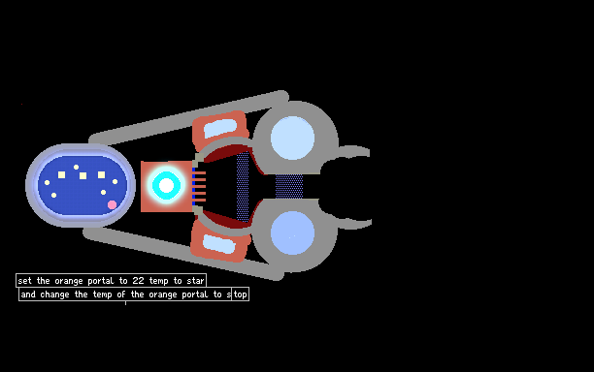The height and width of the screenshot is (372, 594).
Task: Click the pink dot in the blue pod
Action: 113,205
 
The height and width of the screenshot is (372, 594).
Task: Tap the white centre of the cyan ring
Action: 166,185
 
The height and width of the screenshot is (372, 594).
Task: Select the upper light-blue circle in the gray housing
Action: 292,138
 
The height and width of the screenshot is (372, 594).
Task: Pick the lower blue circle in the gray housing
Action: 292,232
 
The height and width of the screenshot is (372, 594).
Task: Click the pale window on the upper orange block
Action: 220,128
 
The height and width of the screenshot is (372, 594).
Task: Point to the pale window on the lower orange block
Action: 219,244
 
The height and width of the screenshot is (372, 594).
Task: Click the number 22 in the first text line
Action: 138,281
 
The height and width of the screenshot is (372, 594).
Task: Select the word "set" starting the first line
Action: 24,281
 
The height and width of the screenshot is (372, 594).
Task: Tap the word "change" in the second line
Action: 54,294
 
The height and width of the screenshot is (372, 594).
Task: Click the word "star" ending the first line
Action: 195,281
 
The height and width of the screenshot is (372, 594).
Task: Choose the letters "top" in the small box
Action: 240,294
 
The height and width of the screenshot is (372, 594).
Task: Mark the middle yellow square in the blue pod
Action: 82,175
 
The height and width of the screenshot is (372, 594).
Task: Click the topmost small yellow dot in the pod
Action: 76,167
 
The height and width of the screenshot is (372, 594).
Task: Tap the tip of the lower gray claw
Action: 371,223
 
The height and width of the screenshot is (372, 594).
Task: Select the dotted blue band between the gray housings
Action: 289,186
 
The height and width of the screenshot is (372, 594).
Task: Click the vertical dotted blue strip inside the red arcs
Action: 243,187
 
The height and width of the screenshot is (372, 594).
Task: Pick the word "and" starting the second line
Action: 28,294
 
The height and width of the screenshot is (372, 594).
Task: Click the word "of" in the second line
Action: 121,294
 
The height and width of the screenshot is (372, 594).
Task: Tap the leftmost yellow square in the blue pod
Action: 61,174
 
